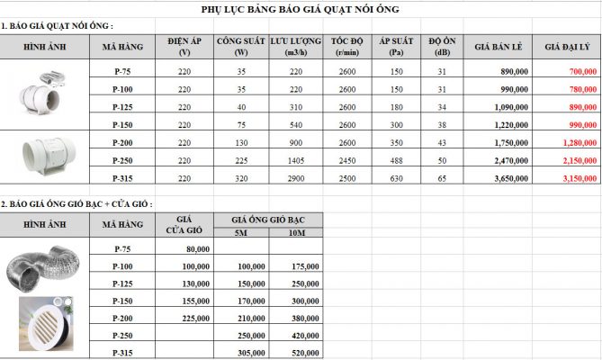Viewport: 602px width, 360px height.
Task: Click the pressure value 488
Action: point(397,160)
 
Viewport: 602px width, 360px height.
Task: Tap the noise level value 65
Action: point(441,178)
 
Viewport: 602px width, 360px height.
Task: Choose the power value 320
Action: point(241,178)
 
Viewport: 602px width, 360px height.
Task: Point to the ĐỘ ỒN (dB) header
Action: point(441,46)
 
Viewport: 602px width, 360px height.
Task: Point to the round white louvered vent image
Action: point(47,321)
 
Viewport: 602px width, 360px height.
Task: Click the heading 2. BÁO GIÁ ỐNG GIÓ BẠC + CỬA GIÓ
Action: point(76,204)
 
